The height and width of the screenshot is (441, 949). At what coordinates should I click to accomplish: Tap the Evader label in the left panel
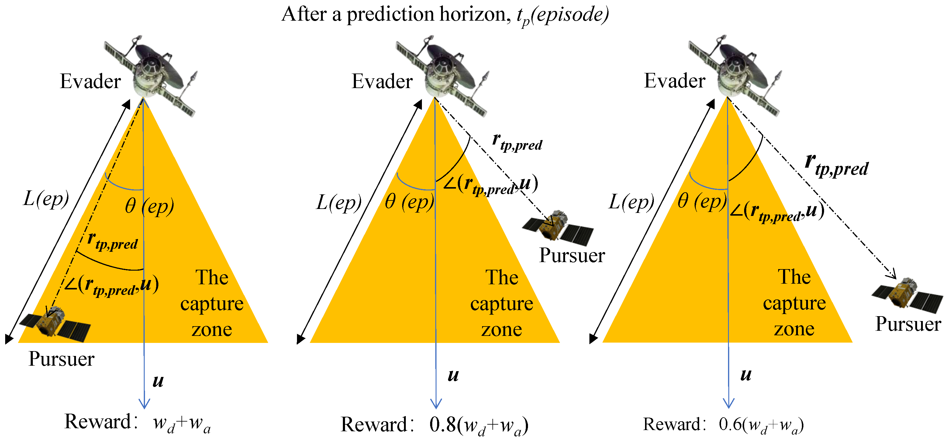pos(90,81)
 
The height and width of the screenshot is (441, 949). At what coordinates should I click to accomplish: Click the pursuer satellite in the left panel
pos(55,324)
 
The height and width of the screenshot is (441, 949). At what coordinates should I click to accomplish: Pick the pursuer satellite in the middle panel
pos(558,228)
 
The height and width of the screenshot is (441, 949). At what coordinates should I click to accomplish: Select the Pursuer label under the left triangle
pos(61,359)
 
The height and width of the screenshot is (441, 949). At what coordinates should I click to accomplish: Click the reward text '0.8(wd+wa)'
pos(479,425)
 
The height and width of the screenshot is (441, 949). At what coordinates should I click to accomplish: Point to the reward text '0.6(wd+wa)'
pos(761,424)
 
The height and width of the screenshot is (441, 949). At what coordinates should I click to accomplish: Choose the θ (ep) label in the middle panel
pos(409,202)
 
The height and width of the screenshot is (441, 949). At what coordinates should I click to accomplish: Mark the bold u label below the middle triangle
pos(453,375)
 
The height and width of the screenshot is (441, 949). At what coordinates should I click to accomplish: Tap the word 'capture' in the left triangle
pos(212,304)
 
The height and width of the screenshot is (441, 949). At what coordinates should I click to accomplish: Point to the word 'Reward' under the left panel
pos(98,422)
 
